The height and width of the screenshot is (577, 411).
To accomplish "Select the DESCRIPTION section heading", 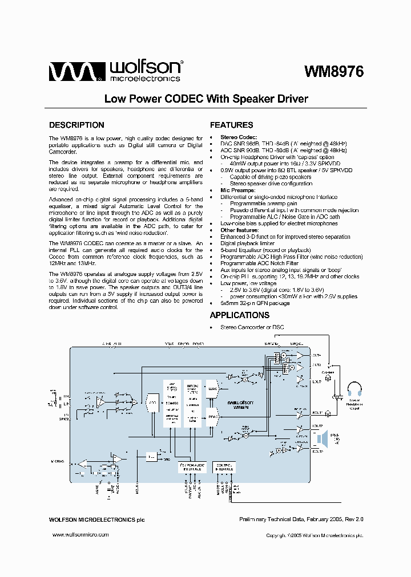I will (x=76, y=125).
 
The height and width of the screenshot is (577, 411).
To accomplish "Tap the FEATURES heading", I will (x=232, y=125).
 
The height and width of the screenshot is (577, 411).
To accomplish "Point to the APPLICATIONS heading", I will (x=240, y=315).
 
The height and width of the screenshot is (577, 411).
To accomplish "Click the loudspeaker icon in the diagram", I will (x=321, y=439).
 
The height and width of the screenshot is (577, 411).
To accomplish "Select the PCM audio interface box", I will (x=192, y=468).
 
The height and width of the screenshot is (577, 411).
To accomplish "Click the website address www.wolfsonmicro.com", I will (x=80, y=535).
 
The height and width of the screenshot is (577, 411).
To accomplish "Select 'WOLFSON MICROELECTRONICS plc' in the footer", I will (x=92, y=520).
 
